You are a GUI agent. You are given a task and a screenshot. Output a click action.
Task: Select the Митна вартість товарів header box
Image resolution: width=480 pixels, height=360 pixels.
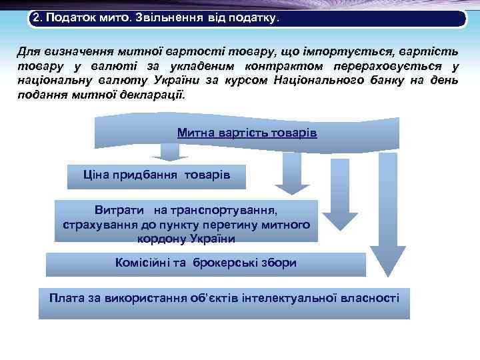coord(247,133)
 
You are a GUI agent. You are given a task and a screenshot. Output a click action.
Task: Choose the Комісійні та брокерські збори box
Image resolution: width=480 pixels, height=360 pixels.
coord(205,264)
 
